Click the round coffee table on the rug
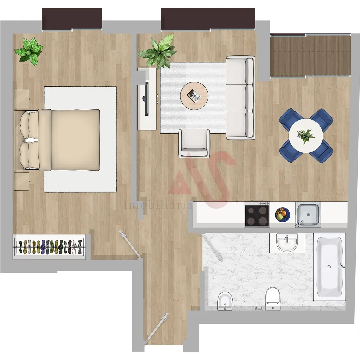(x=194, y=96)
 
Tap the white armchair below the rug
(x=194, y=143)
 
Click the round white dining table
(x=306, y=136)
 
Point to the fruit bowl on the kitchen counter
(x=282, y=214)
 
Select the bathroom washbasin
(x=287, y=243)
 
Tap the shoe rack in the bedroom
(x=49, y=247)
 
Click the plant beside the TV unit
(x=158, y=51)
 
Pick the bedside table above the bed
(x=22, y=99)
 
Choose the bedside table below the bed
(x=22, y=181)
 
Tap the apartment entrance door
(x=156, y=328)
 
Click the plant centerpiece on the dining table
(x=306, y=135)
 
